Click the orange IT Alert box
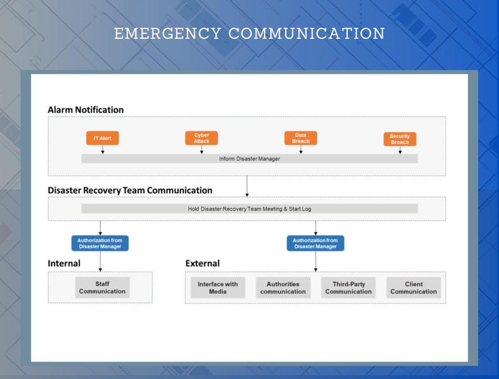tap(102, 138)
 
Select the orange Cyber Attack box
tap(201, 138)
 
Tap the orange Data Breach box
tap(300, 138)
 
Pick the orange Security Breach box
tap(400, 139)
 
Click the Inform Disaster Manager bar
tap(249, 159)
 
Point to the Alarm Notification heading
tap(85, 110)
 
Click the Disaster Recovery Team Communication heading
tap(130, 190)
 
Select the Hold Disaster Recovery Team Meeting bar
tap(249, 209)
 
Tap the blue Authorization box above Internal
tap(100, 243)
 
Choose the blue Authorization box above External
tap(315, 243)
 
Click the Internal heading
tap(64, 263)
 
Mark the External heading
tap(202, 263)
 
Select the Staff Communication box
tap(102, 288)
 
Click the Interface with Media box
tap(217, 288)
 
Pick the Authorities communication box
tap(283, 288)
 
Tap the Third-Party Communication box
tap(348, 288)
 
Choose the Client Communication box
tap(414, 288)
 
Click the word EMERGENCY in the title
tap(167, 33)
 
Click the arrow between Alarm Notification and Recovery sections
tap(247, 186)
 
